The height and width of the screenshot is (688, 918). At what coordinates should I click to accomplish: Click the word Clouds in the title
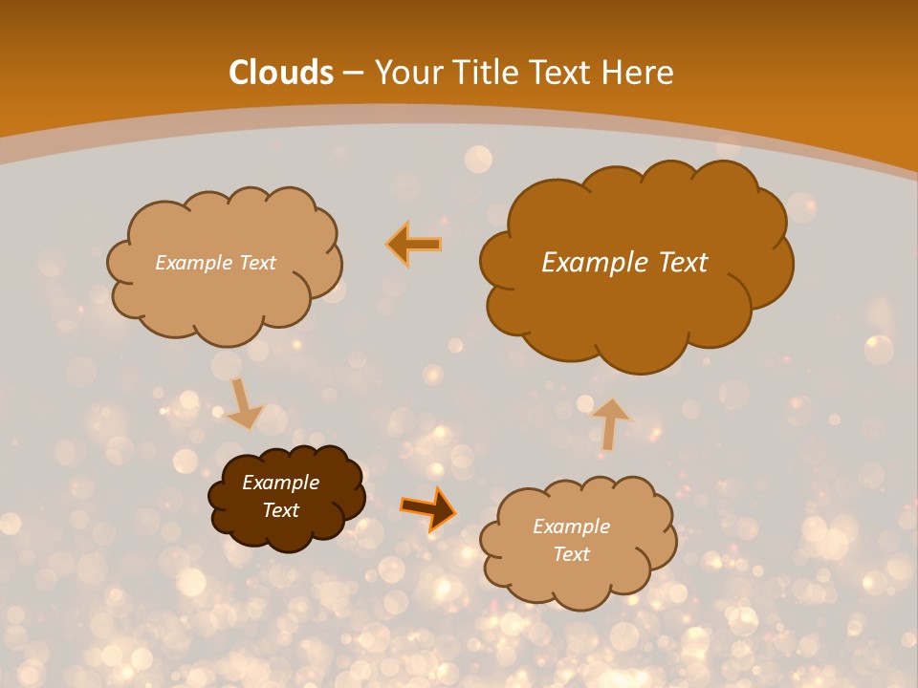(281, 73)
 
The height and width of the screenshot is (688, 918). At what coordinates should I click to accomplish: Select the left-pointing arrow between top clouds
(414, 244)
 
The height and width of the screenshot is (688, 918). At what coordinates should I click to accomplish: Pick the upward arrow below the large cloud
(609, 422)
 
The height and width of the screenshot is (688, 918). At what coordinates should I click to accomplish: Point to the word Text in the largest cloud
(683, 263)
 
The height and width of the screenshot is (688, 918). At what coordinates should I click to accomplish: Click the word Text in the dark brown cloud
(280, 510)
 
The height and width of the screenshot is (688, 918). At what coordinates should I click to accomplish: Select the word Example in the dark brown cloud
(280, 483)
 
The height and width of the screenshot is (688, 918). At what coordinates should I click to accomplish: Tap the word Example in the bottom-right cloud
(571, 527)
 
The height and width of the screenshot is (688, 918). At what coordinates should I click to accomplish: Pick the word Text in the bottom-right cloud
(571, 554)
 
